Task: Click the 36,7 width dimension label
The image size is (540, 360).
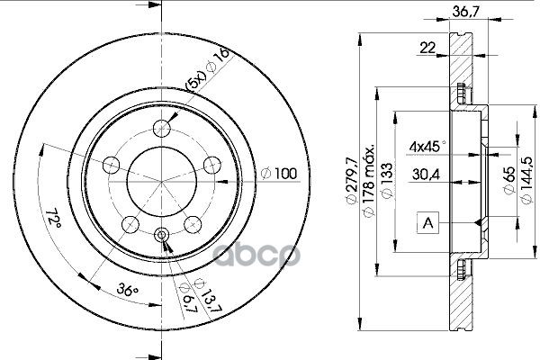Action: (465, 12)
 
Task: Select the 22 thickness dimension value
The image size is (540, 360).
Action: (427, 48)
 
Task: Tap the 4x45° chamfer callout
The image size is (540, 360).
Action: (427, 147)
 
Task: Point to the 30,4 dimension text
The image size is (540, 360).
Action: (426, 175)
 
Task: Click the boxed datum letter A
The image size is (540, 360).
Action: (427, 223)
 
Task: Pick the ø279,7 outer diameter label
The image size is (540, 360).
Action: (351, 181)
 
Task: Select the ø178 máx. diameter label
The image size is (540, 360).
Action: (368, 182)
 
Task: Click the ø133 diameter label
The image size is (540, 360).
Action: (387, 181)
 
